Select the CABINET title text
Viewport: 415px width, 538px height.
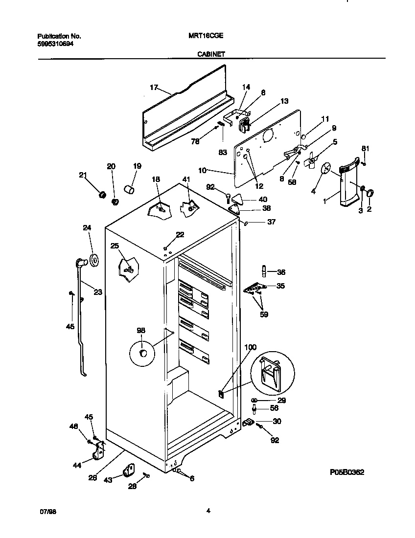(x=211, y=54)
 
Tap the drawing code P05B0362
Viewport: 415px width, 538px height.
(x=346, y=472)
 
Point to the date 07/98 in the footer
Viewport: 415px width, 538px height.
(x=46, y=511)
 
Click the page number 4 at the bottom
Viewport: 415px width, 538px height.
(x=208, y=511)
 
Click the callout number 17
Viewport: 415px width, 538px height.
(x=154, y=88)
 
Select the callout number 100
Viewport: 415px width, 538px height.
(x=250, y=347)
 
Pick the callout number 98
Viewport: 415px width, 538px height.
(x=141, y=331)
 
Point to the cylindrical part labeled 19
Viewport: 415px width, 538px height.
(x=129, y=189)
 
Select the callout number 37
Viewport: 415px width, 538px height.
(x=271, y=222)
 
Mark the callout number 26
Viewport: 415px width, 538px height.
(x=92, y=478)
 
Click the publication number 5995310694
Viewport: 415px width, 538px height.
(x=56, y=44)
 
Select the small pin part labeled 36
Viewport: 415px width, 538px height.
(x=264, y=270)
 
